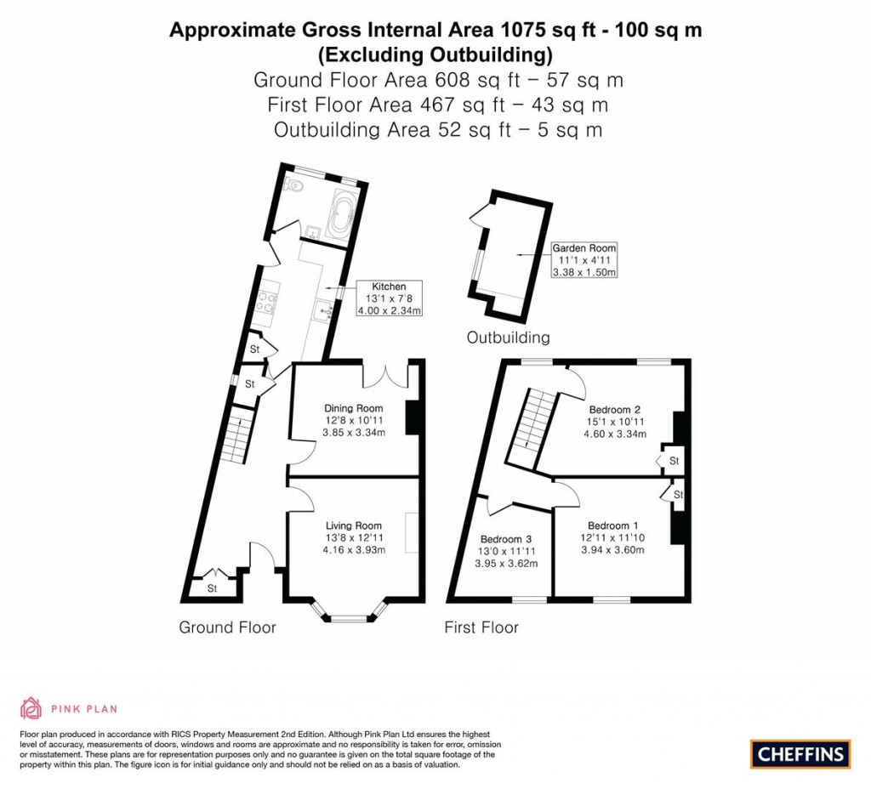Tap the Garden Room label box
584,260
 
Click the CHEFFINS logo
800,753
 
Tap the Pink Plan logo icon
31,707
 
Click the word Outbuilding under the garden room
508,338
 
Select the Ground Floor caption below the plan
227,627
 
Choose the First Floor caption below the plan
481,627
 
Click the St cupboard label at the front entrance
213,588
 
